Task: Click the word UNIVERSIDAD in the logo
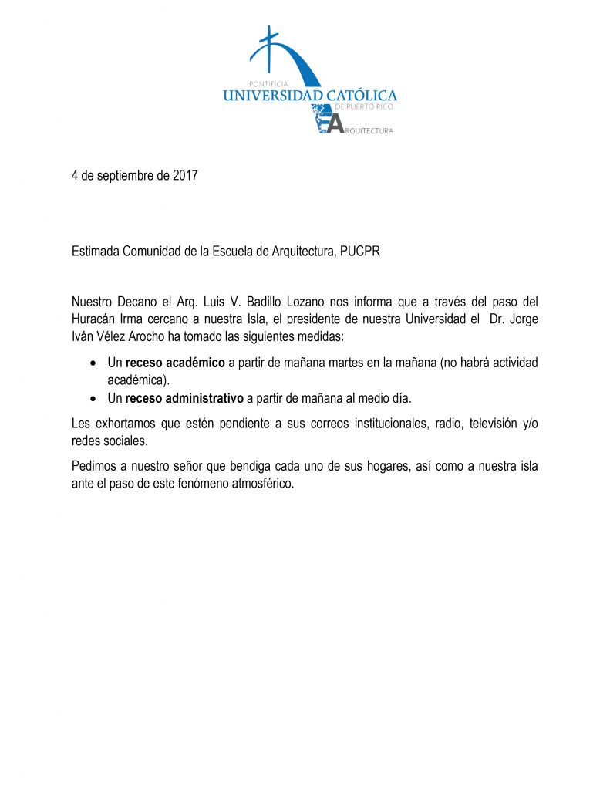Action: [264, 96]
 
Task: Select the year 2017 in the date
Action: [184, 176]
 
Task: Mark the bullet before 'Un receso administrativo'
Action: [93, 399]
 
